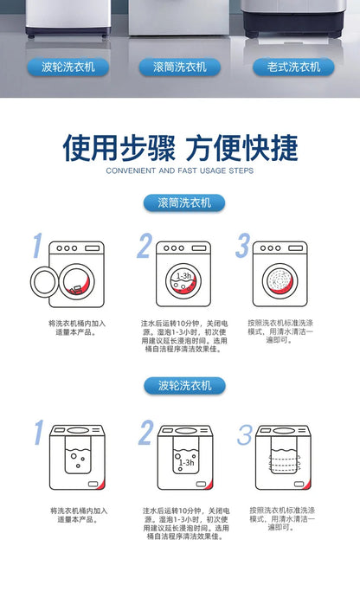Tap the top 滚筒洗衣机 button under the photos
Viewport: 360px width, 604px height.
180,67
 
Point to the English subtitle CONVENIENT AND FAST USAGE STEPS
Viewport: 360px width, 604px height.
179,171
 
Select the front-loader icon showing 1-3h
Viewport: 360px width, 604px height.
183,274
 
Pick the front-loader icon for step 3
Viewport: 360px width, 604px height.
280,274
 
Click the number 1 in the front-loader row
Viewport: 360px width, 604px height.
37,247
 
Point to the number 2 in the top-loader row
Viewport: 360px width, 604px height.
145,433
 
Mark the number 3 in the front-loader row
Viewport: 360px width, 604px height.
244,247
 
